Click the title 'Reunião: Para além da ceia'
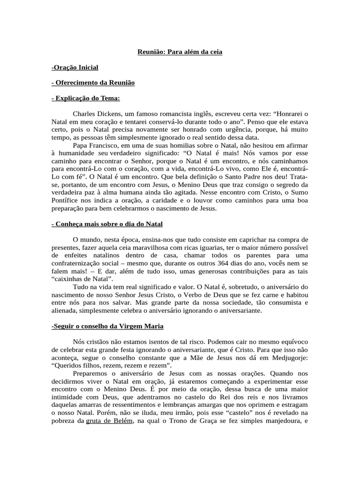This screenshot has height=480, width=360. tap(180, 52)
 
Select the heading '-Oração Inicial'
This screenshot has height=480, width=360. tap(75, 67)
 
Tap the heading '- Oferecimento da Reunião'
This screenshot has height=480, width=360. tap(93, 82)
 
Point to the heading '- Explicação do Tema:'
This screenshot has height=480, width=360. tap(86, 98)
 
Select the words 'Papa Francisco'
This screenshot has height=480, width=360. tap(94, 145)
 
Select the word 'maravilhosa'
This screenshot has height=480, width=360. tap(156, 247)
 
